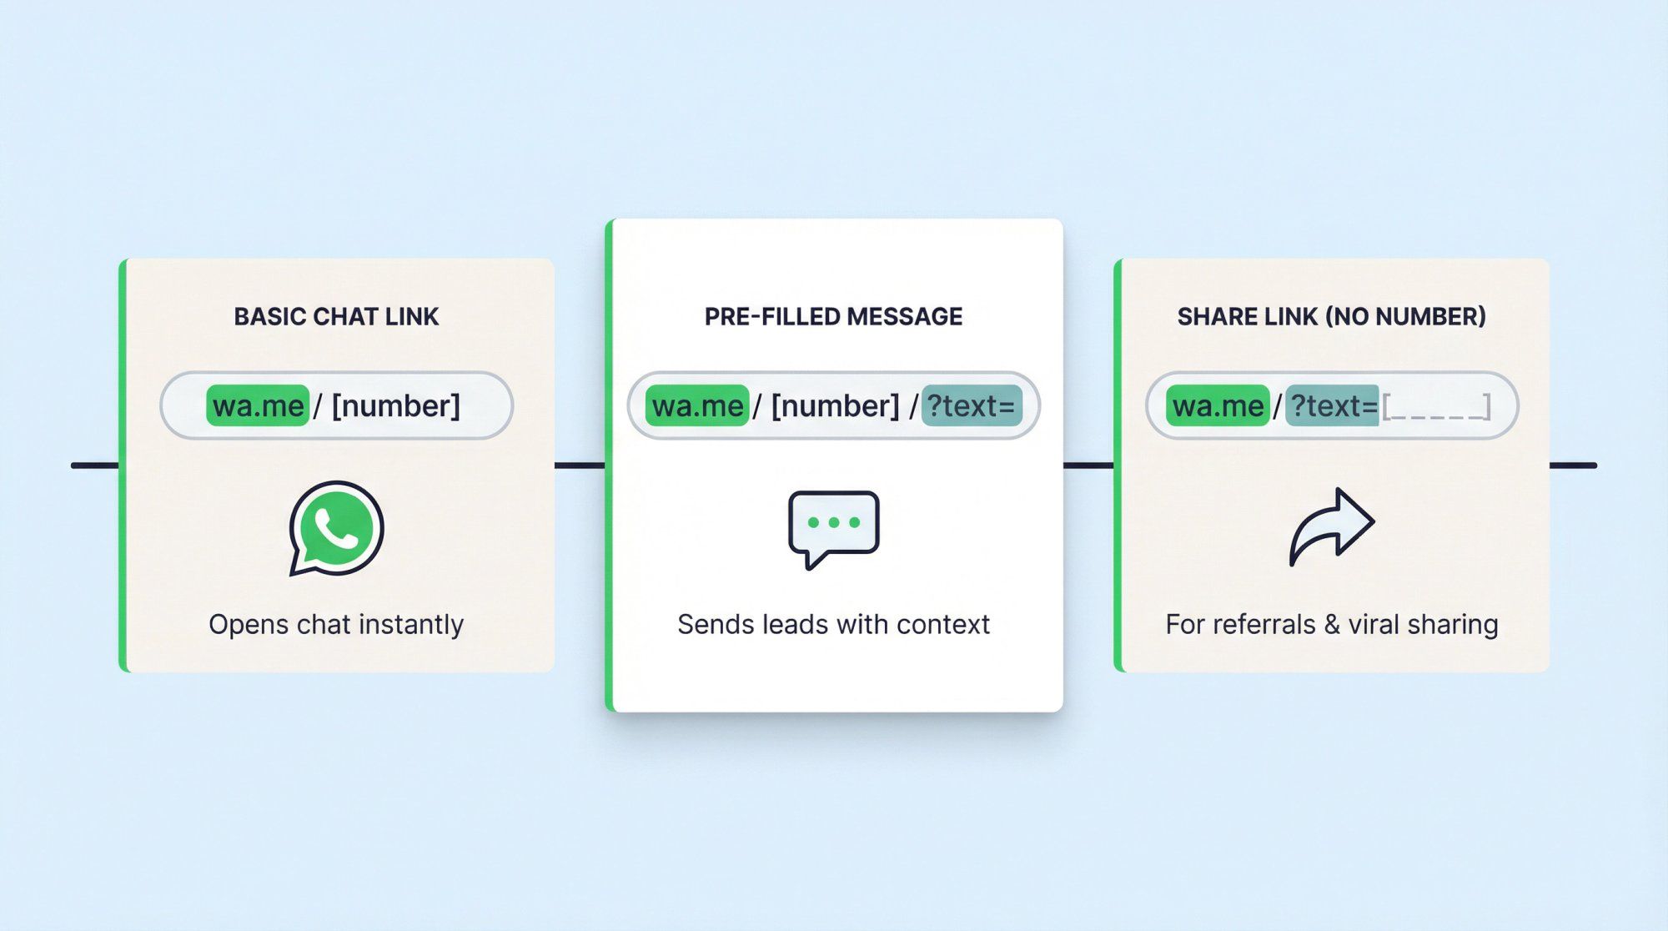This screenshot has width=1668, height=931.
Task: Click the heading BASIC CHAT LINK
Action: pyautogui.click(x=336, y=317)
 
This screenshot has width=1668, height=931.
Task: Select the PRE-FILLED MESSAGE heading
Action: pyautogui.click(x=833, y=317)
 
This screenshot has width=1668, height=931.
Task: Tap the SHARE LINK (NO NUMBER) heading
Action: pyautogui.click(x=1331, y=317)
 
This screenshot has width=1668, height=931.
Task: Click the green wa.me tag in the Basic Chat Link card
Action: pyautogui.click(x=258, y=406)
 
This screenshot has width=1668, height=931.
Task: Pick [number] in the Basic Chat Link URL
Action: pyautogui.click(x=396, y=406)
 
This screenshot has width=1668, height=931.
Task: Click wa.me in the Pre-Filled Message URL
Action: pyautogui.click(x=697, y=406)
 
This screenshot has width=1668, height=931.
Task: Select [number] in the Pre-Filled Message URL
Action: pyautogui.click(x=836, y=406)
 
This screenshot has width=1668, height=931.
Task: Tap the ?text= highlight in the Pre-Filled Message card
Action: pyautogui.click(x=972, y=406)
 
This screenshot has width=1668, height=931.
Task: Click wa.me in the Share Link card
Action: pyautogui.click(x=1218, y=406)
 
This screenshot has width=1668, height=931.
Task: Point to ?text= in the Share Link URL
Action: pyautogui.click(x=1333, y=406)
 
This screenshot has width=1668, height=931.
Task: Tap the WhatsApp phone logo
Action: pyautogui.click(x=336, y=528)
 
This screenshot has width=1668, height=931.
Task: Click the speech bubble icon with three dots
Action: pyautogui.click(x=834, y=528)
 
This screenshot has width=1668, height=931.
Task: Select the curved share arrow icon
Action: pyautogui.click(x=1332, y=527)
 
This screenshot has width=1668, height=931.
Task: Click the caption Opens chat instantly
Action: pyautogui.click(x=336, y=625)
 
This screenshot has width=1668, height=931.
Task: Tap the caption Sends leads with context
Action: pyautogui.click(x=833, y=625)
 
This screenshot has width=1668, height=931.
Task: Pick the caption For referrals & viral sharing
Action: pyautogui.click(x=1332, y=625)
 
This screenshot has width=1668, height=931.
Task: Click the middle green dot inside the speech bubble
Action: pyautogui.click(x=834, y=522)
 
